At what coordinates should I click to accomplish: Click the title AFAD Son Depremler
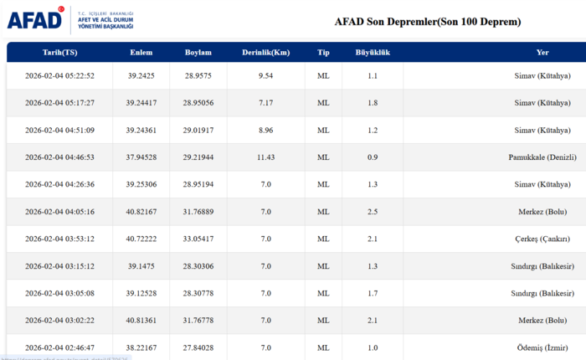pyautogui.click(x=427, y=21)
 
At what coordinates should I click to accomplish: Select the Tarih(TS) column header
pyautogui.click(x=59, y=53)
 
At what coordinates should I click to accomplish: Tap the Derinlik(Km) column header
pyautogui.click(x=266, y=53)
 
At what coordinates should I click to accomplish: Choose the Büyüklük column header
pyautogui.click(x=373, y=53)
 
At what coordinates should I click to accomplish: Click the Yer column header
pyautogui.click(x=542, y=53)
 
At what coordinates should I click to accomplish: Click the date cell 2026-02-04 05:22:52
pyautogui.click(x=59, y=76)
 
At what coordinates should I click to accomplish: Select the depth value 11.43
pyautogui.click(x=266, y=157)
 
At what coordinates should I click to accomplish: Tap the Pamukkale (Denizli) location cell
pyautogui.click(x=542, y=157)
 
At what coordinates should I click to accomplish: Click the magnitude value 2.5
pyautogui.click(x=373, y=212)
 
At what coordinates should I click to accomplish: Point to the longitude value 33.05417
pyautogui.click(x=198, y=239)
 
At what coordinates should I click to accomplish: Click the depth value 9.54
pyautogui.click(x=266, y=76)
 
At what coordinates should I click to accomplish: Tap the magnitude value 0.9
pyautogui.click(x=373, y=157)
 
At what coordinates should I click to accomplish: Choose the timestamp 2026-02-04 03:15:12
pyautogui.click(x=59, y=266)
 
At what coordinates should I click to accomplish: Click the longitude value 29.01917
pyautogui.click(x=198, y=131)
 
